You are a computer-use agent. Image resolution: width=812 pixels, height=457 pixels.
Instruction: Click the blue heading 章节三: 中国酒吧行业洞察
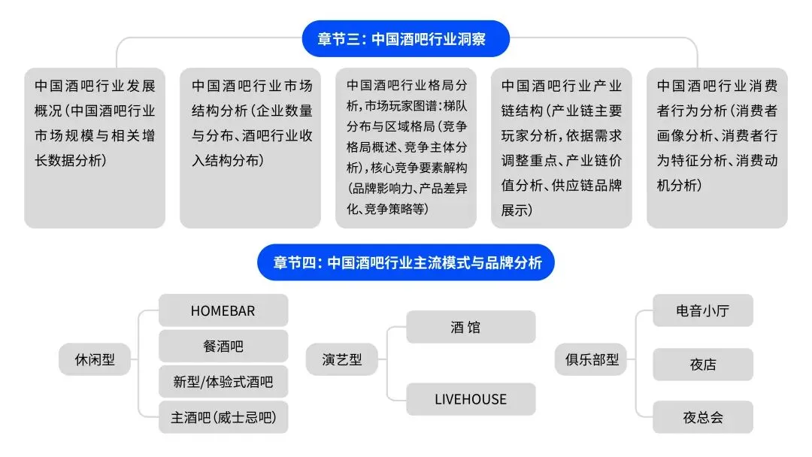(405, 39)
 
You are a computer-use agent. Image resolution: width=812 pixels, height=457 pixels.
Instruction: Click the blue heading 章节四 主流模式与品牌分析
(406, 262)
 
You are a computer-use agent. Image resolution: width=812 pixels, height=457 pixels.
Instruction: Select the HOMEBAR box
(223, 310)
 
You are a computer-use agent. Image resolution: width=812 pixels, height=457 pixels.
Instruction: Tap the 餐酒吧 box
(223, 346)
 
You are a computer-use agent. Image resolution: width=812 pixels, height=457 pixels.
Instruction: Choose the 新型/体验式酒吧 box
(223, 382)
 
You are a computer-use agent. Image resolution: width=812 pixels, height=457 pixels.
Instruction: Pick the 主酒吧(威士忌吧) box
(223, 417)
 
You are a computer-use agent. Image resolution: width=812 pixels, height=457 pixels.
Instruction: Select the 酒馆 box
(471, 327)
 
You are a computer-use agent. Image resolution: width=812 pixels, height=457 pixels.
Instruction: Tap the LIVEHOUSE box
(471, 399)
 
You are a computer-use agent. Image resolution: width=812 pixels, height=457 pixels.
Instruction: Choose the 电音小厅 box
(702, 310)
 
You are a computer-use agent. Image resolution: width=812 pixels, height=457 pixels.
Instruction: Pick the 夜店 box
(702, 365)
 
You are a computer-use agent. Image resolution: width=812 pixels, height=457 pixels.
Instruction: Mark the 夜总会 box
(702, 417)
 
